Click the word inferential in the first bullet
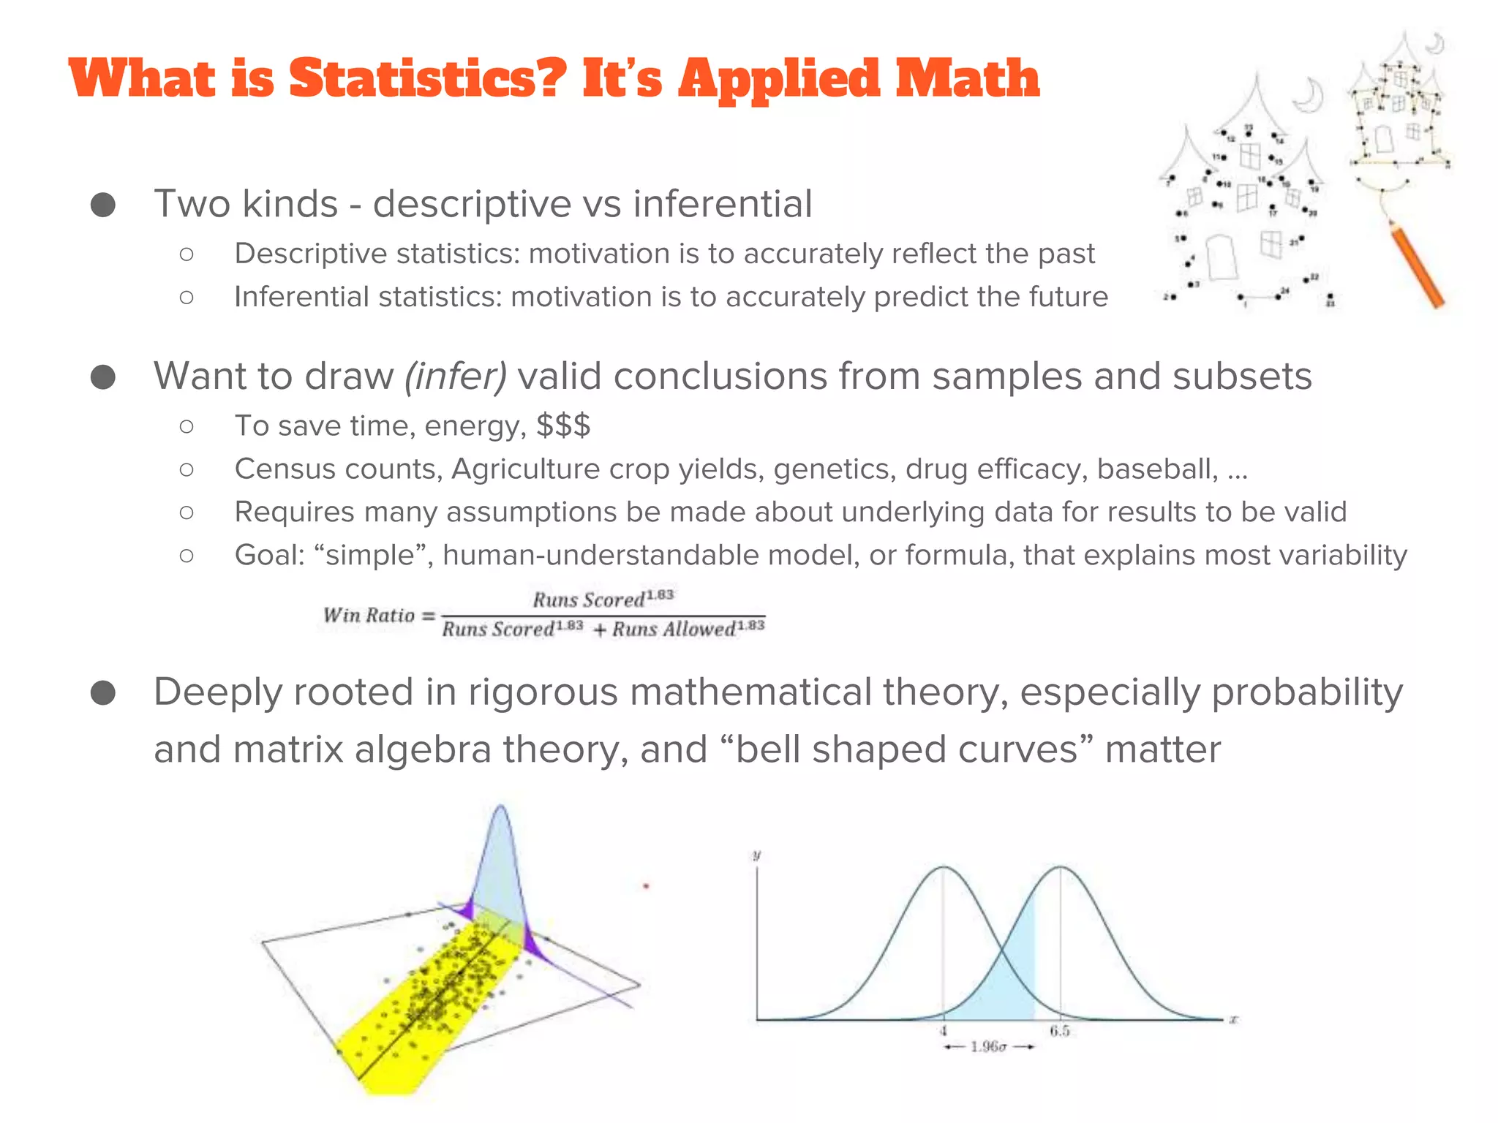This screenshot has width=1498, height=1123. pyautogui.click(x=723, y=204)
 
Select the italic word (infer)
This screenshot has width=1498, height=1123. pyautogui.click(x=456, y=377)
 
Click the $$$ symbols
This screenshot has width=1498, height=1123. pyautogui.click(x=563, y=426)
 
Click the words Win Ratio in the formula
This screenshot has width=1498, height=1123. pyautogui.click(x=369, y=616)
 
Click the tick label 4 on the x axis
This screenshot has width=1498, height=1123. pyautogui.click(x=944, y=1031)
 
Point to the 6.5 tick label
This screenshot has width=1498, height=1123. pyautogui.click(x=1060, y=1031)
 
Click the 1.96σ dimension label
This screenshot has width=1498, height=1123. pyautogui.click(x=989, y=1047)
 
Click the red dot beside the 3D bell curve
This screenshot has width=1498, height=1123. pyautogui.click(x=646, y=887)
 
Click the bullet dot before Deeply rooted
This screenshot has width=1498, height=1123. pyautogui.click(x=103, y=693)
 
